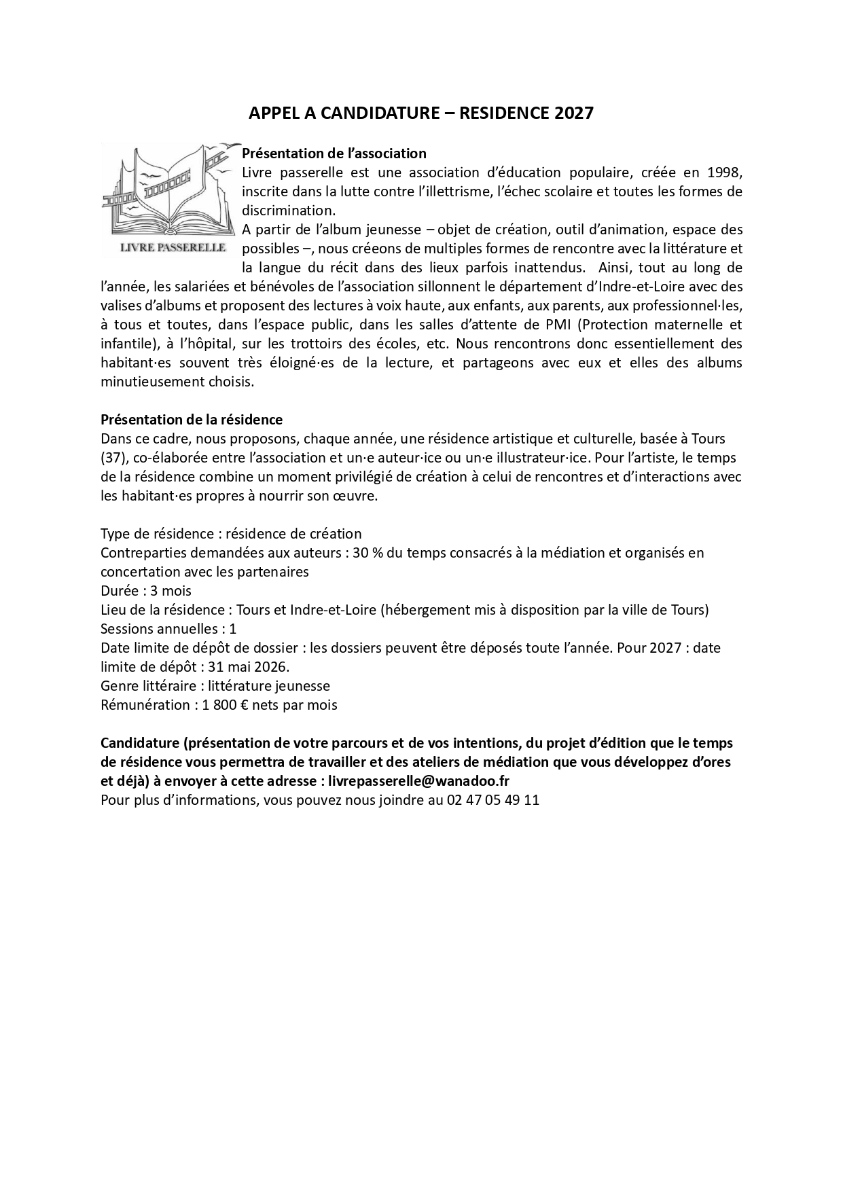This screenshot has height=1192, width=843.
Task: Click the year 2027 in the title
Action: [x=574, y=113]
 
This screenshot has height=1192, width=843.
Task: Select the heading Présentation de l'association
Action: [x=334, y=153]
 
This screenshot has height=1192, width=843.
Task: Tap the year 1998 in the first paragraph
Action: [x=724, y=173]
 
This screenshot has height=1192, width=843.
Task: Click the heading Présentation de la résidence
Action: [x=192, y=420]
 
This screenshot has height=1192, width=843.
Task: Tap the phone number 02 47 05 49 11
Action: [x=493, y=800]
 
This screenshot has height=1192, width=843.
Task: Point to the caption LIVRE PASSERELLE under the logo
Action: [x=173, y=247]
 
